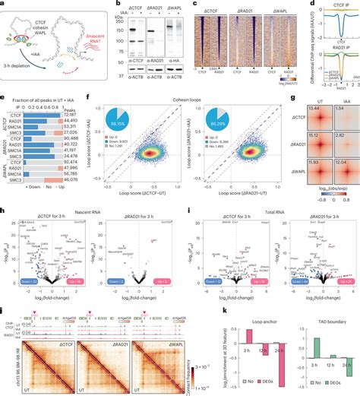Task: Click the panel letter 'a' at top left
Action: point(4,4)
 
